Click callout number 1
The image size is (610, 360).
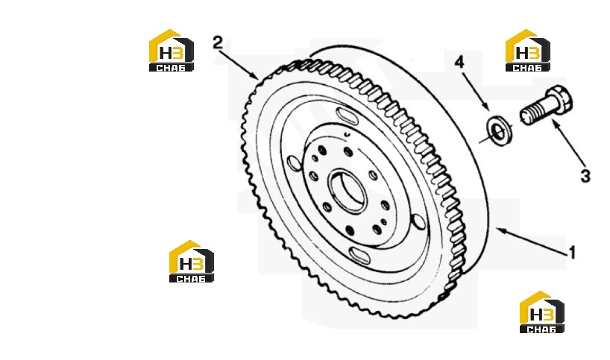(x=572, y=253)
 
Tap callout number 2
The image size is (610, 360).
(x=218, y=42)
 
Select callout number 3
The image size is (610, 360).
(x=585, y=176)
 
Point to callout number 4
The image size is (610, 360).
(x=459, y=61)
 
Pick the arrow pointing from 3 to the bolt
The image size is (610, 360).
(x=568, y=145)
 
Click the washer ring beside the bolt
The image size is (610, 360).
(x=500, y=130)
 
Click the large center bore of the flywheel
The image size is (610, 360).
(x=348, y=192)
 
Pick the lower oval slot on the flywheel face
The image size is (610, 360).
(x=359, y=256)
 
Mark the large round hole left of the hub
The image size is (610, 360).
(x=294, y=163)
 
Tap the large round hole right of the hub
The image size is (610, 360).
(x=419, y=221)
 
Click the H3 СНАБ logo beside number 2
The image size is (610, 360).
(x=172, y=51)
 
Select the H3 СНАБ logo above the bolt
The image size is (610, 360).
(x=528, y=51)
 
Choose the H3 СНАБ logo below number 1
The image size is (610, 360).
(x=542, y=312)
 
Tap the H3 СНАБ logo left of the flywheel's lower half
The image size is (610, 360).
(x=192, y=262)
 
